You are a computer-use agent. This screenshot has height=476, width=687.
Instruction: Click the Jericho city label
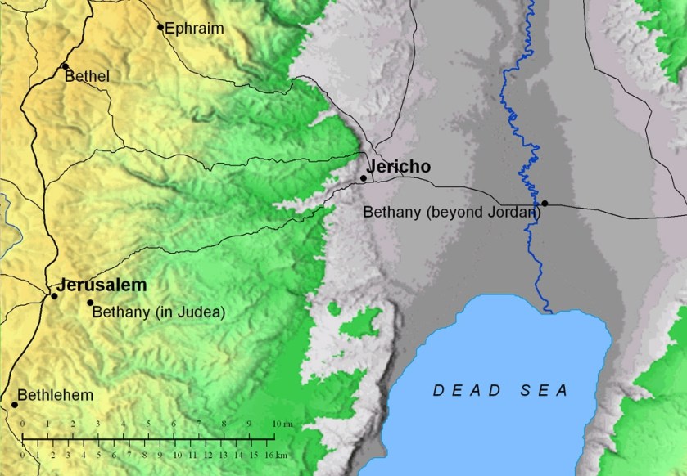[x=399, y=167]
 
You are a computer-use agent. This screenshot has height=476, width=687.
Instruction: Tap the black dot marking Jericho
[x=364, y=177]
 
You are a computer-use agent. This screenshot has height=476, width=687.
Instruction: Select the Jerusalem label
[x=102, y=285]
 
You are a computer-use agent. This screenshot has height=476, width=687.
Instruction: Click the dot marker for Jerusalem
[x=54, y=295]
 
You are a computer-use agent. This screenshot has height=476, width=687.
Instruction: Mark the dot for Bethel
[x=65, y=66]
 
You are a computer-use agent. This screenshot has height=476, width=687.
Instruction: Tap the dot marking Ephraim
[x=160, y=27]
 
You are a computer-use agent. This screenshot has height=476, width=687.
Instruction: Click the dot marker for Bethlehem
[x=15, y=404]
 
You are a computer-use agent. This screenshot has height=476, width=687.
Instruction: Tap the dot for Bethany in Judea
[x=90, y=303]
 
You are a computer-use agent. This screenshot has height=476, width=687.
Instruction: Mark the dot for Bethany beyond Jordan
[x=545, y=203]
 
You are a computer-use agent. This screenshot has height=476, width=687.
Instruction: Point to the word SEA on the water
[x=545, y=391]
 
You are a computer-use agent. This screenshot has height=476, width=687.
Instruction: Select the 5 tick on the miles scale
[x=148, y=424]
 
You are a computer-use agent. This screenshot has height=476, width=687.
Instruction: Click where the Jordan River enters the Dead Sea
[x=550, y=311]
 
